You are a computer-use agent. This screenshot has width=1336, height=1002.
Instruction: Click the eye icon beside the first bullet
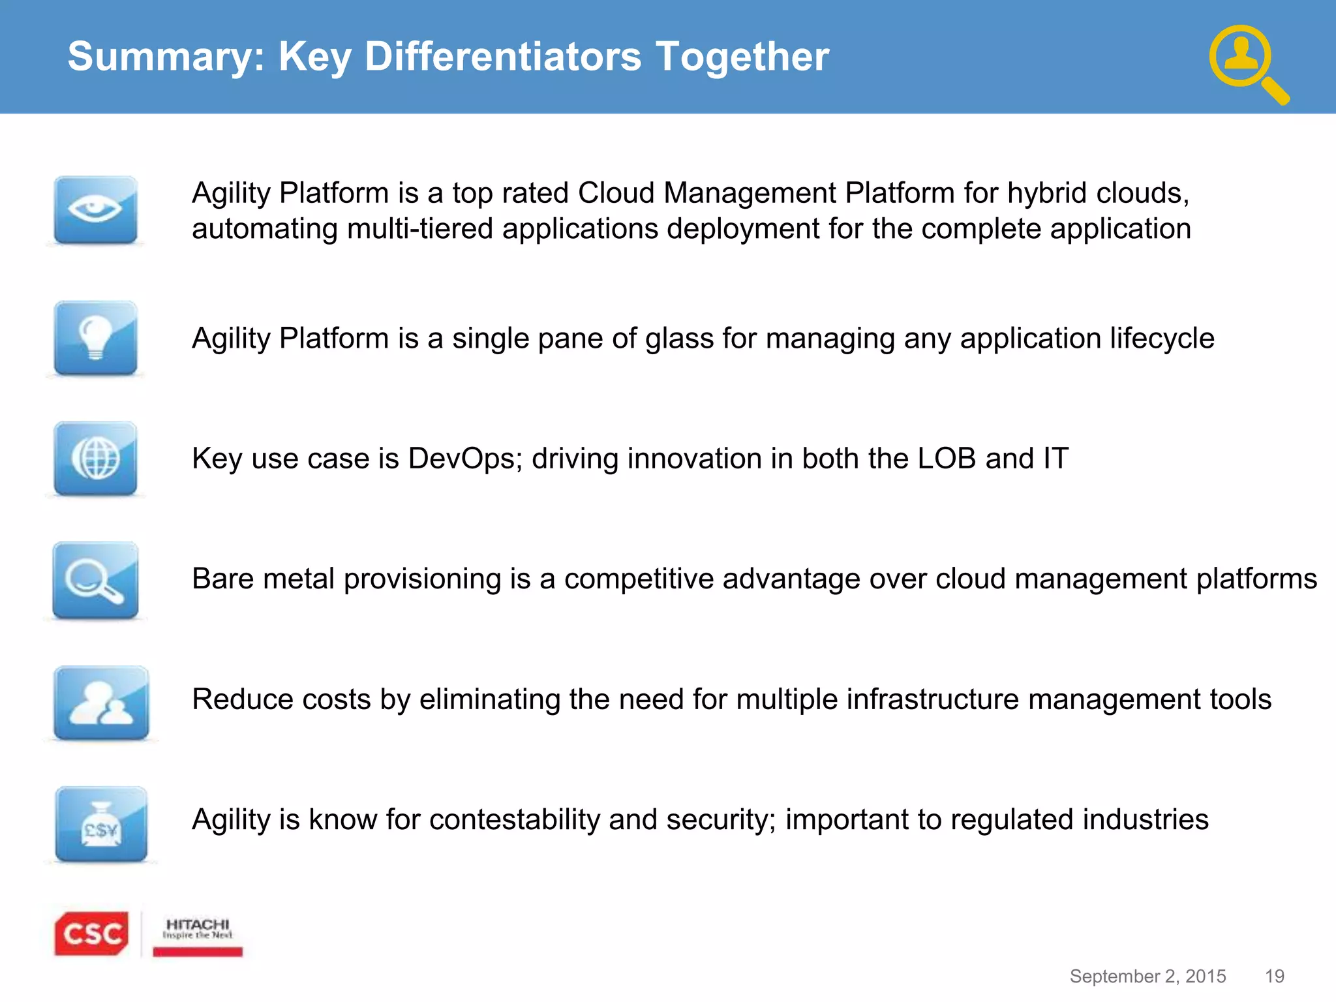click(95, 210)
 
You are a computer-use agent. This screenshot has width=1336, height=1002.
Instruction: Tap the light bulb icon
click(95, 338)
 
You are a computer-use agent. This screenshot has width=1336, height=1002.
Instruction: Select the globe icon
click(95, 459)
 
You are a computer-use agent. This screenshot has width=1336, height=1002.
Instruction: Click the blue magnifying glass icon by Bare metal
click(95, 580)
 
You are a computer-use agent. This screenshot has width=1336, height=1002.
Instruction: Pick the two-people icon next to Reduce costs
click(101, 703)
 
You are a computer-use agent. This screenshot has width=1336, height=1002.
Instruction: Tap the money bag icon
click(101, 824)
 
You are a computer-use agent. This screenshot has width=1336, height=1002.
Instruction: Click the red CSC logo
click(91, 934)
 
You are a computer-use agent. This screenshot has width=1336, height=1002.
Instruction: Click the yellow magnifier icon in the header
click(1248, 64)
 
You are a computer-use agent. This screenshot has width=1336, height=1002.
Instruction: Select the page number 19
click(1274, 976)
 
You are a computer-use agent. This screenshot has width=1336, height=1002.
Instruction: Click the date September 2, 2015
click(1147, 976)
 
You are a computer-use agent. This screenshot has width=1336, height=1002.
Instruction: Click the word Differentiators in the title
click(502, 56)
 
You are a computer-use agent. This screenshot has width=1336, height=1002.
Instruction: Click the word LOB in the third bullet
click(946, 458)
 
